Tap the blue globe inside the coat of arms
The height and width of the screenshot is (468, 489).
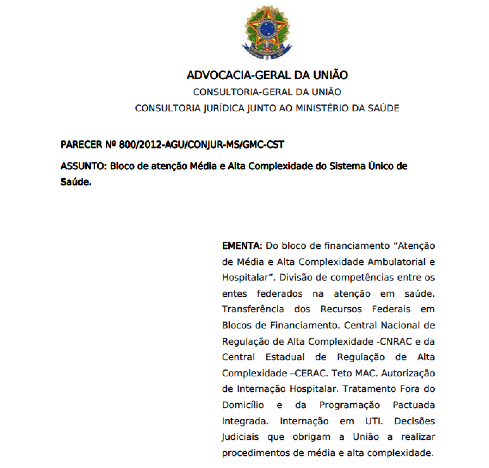[x=267, y=29]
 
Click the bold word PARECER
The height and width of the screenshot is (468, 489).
[x=81, y=145]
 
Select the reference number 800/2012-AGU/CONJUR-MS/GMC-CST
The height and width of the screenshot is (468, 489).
[x=202, y=145]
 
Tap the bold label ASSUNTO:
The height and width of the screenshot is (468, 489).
[x=83, y=166]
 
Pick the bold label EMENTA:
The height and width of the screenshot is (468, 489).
[x=242, y=246]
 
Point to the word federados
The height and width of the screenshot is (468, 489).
[x=279, y=294]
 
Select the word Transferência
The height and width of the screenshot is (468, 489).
[x=253, y=309]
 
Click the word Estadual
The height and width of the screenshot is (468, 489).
[x=285, y=357]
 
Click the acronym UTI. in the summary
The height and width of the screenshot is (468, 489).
[x=373, y=421]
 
